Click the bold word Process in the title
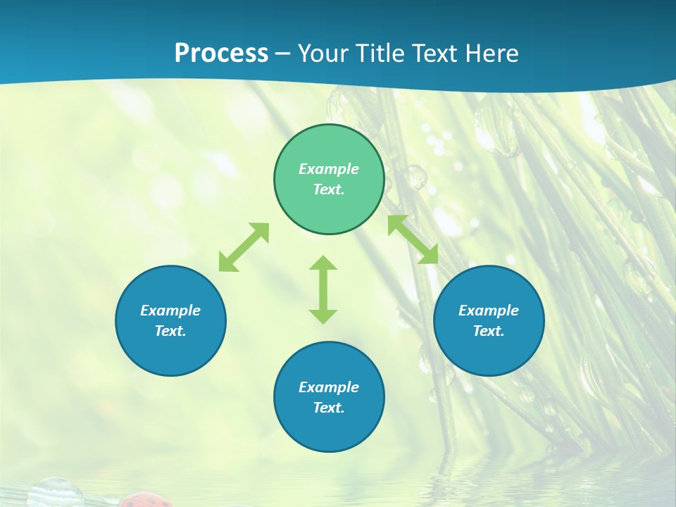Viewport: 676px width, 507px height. [221, 54]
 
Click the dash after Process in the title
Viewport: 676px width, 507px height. [282, 55]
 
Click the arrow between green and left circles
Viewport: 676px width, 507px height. [244, 247]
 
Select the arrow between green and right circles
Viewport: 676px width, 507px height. [413, 239]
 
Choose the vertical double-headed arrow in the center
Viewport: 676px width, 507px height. [323, 289]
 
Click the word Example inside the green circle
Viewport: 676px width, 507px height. [329, 169]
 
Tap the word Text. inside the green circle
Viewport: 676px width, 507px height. [329, 189]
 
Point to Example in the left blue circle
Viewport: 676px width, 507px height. [170, 311]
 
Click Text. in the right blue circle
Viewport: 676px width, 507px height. [489, 331]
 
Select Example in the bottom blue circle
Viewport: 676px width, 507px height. [329, 387]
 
